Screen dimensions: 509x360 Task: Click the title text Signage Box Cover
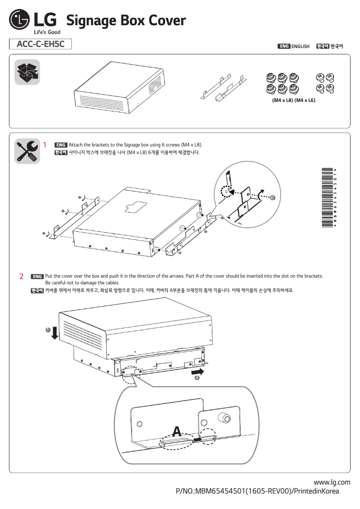click(x=126, y=20)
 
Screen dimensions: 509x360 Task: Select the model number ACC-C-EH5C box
click(x=40, y=44)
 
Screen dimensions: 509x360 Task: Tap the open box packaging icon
click(x=27, y=72)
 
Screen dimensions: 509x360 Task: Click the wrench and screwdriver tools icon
click(x=27, y=150)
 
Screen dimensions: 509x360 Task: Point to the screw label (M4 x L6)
click(x=305, y=100)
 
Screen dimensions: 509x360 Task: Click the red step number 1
click(x=45, y=145)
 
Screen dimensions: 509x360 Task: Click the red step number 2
click(x=21, y=276)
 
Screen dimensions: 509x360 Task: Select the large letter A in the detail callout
click(x=177, y=432)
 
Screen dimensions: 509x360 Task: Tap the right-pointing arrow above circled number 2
click(x=197, y=372)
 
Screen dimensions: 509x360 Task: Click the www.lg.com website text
click(x=332, y=482)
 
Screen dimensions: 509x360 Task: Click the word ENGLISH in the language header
click(x=300, y=46)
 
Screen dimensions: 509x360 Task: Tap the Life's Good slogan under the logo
click(x=47, y=32)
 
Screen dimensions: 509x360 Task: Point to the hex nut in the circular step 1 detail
click(x=272, y=198)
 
